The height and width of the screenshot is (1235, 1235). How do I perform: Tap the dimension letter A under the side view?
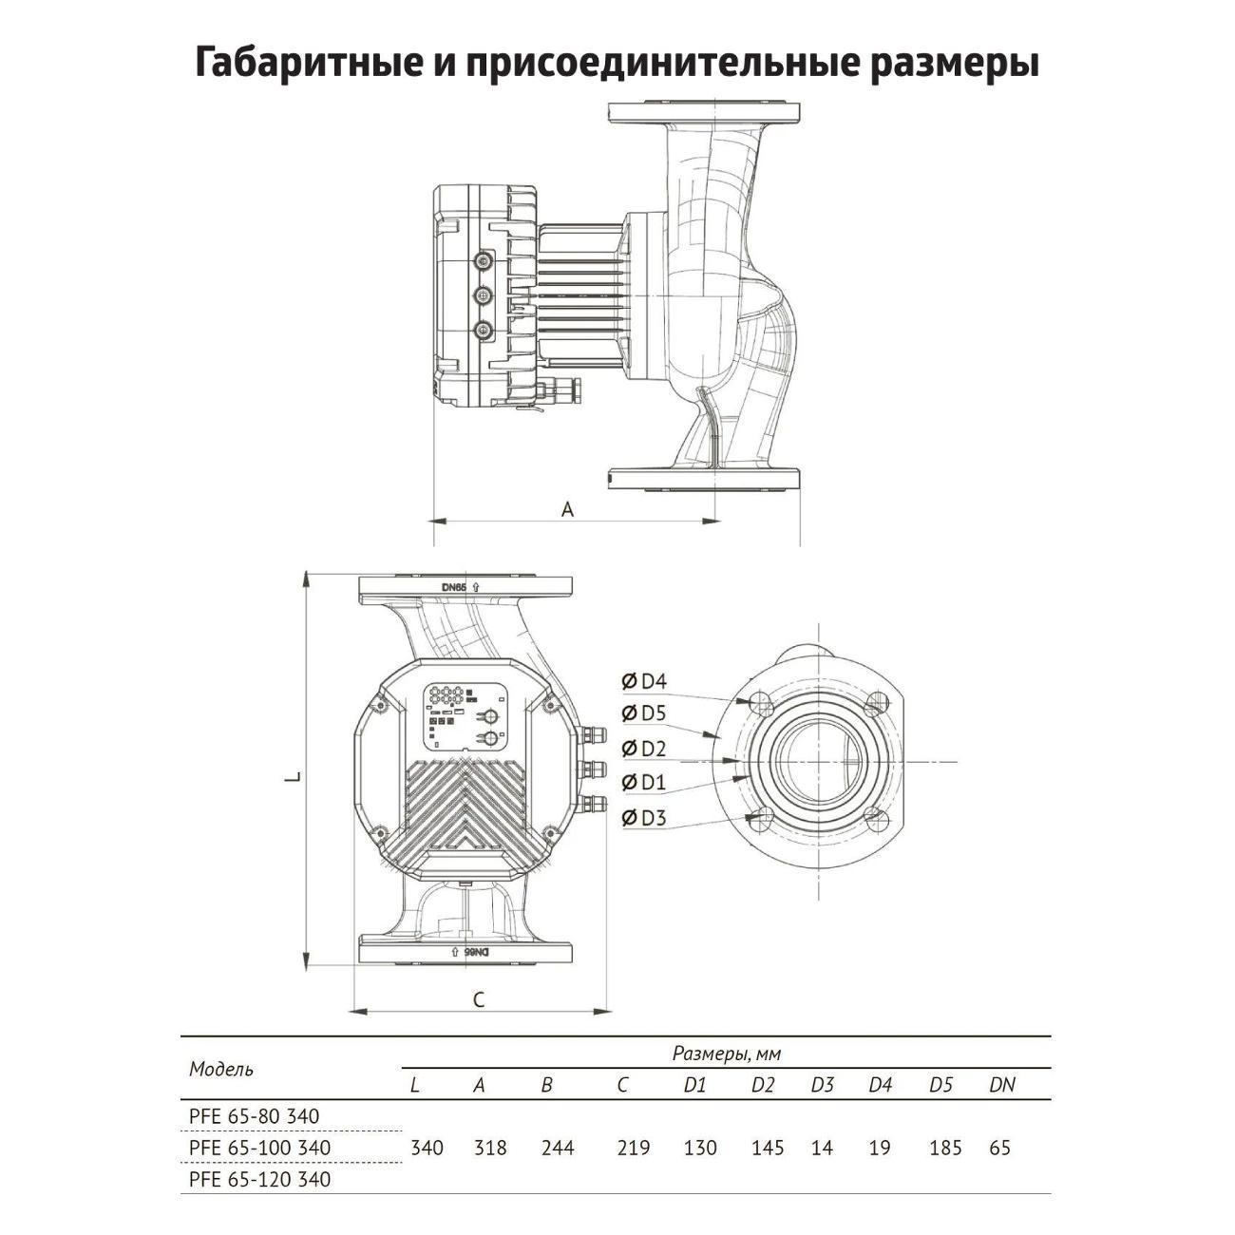point(567,509)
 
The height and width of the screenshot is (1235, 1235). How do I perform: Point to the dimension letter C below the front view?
point(479,999)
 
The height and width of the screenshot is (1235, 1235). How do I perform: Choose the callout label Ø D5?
point(645,713)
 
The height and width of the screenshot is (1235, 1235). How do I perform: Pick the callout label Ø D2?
point(645,749)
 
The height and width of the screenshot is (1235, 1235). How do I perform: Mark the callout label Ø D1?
point(645,783)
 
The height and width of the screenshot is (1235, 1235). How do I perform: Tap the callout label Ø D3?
point(645,818)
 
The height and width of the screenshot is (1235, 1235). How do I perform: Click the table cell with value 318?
point(489,1148)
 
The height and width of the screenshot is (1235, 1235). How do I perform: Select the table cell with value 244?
point(558,1148)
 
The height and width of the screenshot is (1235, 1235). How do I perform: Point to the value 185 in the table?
point(945,1148)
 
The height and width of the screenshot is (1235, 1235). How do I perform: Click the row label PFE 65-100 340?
point(260,1148)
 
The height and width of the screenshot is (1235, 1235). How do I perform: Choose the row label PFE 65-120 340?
point(260,1179)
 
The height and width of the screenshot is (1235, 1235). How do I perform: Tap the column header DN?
point(1001,1085)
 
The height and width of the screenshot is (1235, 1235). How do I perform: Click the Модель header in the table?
point(221,1069)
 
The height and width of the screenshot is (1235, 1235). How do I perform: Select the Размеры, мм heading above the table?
point(726,1053)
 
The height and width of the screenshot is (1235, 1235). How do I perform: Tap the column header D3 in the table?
point(822,1085)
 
